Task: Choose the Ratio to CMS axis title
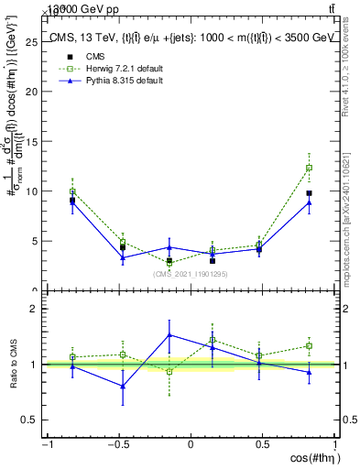[x=13, y=364]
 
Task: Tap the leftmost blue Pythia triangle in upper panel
[x=72, y=201]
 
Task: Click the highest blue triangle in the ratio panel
[x=169, y=334]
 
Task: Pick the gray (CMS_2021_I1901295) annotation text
[x=191, y=274]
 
